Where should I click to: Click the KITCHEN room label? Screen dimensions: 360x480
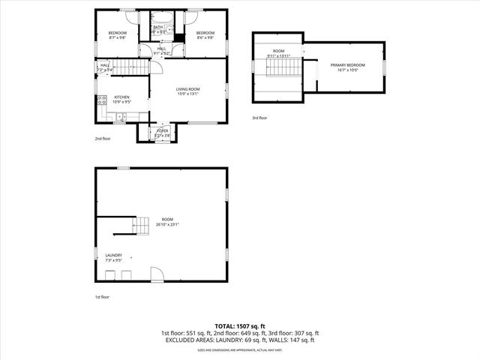tap(121, 97)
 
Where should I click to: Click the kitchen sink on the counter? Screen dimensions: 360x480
tap(121, 116)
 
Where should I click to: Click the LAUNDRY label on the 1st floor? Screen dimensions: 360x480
tap(114, 255)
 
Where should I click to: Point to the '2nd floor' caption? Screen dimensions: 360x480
tap(103, 139)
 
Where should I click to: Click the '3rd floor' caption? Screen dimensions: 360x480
tap(259, 118)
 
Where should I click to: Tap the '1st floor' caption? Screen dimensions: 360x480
tap(103, 298)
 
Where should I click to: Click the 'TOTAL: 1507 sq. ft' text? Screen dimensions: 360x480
tap(240, 326)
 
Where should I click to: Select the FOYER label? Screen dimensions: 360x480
tap(162, 130)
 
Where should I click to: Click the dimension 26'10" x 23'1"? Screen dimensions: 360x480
tap(167, 223)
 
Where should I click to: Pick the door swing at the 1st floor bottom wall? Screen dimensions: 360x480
tap(157, 274)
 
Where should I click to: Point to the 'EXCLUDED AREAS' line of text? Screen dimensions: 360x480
tap(240, 340)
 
